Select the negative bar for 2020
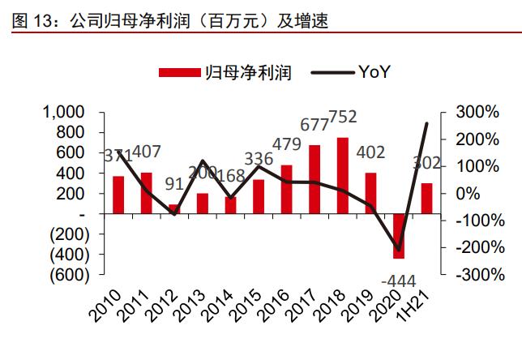(398, 236)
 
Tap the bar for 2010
(118, 195)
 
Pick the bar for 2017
(314, 179)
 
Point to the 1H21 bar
(426, 198)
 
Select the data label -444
(397, 281)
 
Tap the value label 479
(285, 145)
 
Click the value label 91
(174, 182)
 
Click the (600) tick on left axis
(64, 275)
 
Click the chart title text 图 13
(30, 17)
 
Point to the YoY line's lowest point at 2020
(398, 249)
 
